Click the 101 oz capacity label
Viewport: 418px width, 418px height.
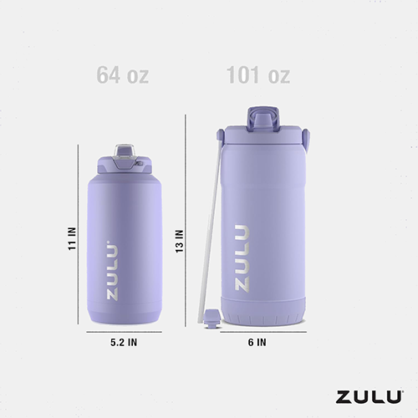258,75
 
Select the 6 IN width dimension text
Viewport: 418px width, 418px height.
257,342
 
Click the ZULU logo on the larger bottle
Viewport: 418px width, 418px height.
242,257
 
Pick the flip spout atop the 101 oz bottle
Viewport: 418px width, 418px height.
259,115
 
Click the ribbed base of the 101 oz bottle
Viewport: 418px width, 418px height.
259,318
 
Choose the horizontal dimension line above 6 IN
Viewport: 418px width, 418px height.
259,332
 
